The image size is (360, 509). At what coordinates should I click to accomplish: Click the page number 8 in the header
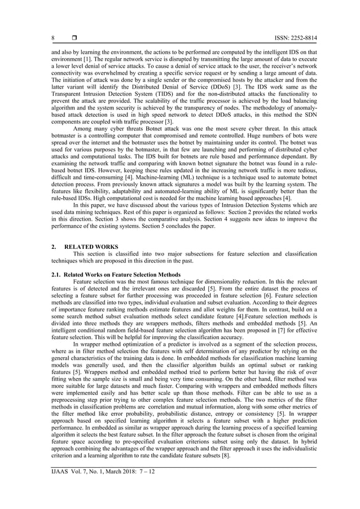[x=53, y=38]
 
